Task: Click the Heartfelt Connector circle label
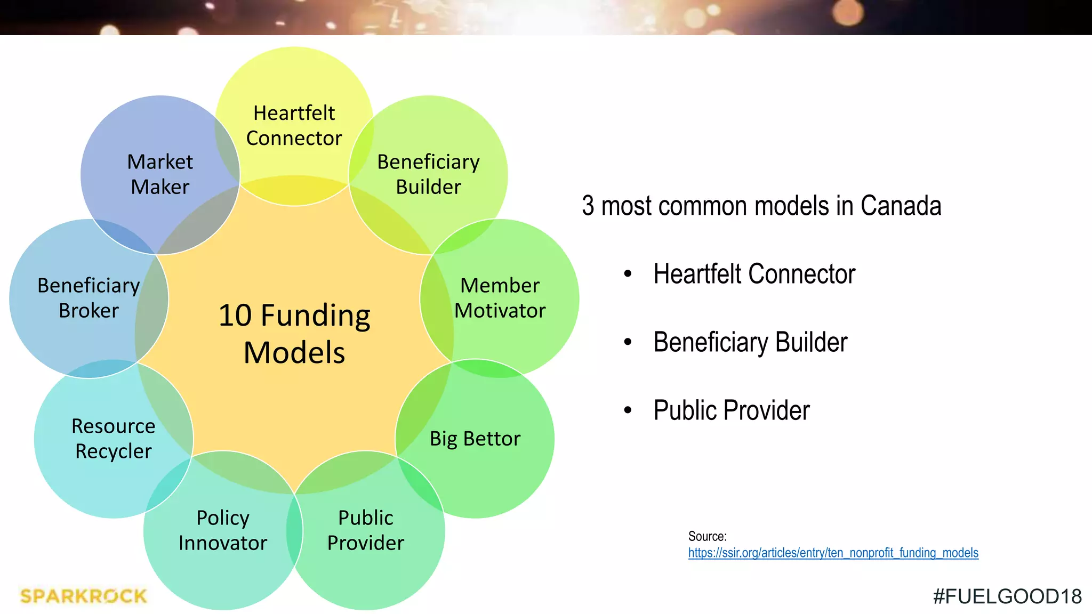[x=294, y=126]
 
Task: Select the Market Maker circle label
[x=160, y=174]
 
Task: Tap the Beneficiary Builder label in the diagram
[x=428, y=174]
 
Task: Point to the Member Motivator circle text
[x=500, y=298]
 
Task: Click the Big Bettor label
[x=475, y=439]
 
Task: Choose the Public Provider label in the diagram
[x=366, y=530]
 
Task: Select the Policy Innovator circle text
[x=223, y=530]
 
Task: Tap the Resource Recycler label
[x=114, y=439]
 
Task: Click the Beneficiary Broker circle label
[x=89, y=298]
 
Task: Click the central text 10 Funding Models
[x=294, y=334]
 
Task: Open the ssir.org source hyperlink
[x=833, y=553]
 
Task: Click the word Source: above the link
[x=707, y=536]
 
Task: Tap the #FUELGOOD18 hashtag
[x=1007, y=596]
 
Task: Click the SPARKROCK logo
[x=83, y=596]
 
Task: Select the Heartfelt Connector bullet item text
[x=754, y=274]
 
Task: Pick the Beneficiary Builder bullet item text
[x=750, y=342]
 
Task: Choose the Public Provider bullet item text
[x=732, y=410]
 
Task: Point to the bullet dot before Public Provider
[x=628, y=411]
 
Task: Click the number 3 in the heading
[x=588, y=206]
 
